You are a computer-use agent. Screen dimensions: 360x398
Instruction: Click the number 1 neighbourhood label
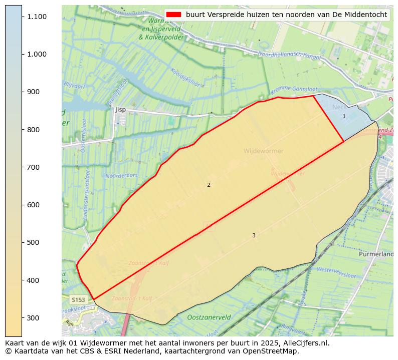[x=344, y=116]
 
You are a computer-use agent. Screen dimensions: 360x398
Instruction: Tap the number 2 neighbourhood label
[x=209, y=185]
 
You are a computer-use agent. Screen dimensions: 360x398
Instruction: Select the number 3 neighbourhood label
[x=254, y=235]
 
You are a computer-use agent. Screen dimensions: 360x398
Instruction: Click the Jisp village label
[x=120, y=109]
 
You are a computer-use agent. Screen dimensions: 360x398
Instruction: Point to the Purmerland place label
[x=376, y=254]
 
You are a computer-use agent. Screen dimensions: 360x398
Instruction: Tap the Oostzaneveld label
[x=209, y=317]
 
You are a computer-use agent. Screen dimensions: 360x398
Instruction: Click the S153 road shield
[x=78, y=299]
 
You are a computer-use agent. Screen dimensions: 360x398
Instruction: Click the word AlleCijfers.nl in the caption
[x=305, y=343]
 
